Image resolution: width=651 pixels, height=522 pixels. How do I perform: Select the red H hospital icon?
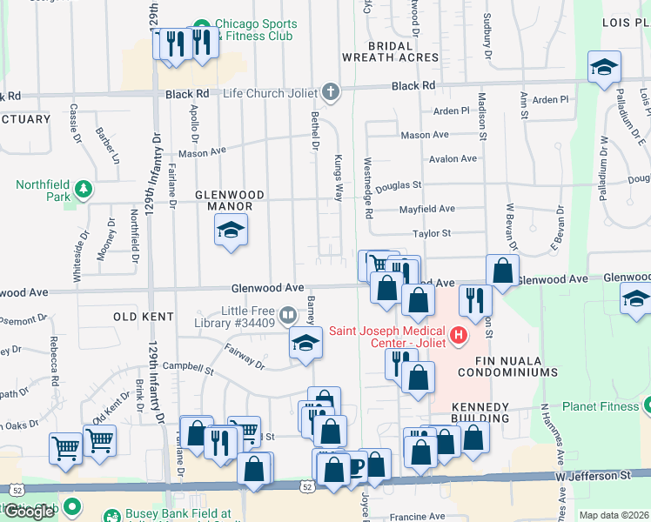[x=457, y=333]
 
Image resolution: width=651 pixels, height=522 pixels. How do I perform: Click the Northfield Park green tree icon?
[x=84, y=189]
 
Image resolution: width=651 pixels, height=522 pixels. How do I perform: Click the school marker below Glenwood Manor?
[x=231, y=231]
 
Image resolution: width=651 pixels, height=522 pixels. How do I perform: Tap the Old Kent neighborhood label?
[x=139, y=318]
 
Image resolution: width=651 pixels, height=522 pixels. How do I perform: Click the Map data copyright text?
[x=613, y=515]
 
